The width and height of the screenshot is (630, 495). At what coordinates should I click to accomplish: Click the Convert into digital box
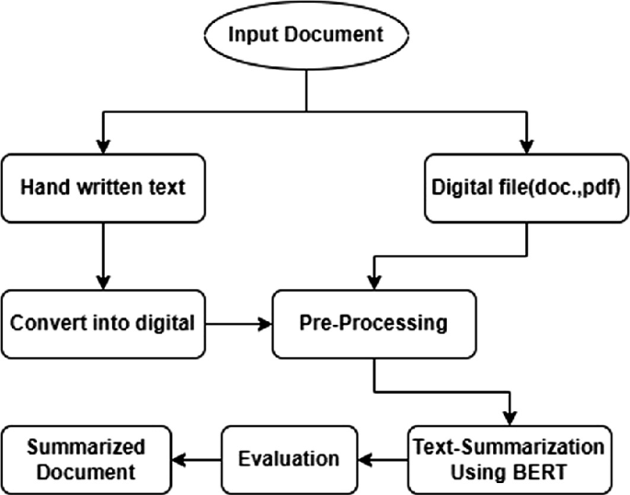click(x=104, y=324)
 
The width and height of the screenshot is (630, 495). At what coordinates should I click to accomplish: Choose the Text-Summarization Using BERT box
click(x=508, y=457)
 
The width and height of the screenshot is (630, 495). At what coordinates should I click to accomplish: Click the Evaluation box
click(x=290, y=457)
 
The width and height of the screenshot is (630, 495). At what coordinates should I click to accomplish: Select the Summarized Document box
click(x=86, y=457)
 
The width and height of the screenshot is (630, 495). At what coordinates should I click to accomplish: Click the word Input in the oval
click(x=250, y=35)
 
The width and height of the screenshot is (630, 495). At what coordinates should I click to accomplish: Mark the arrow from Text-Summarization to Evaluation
click(x=381, y=457)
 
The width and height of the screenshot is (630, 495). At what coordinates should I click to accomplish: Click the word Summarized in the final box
click(x=86, y=446)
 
